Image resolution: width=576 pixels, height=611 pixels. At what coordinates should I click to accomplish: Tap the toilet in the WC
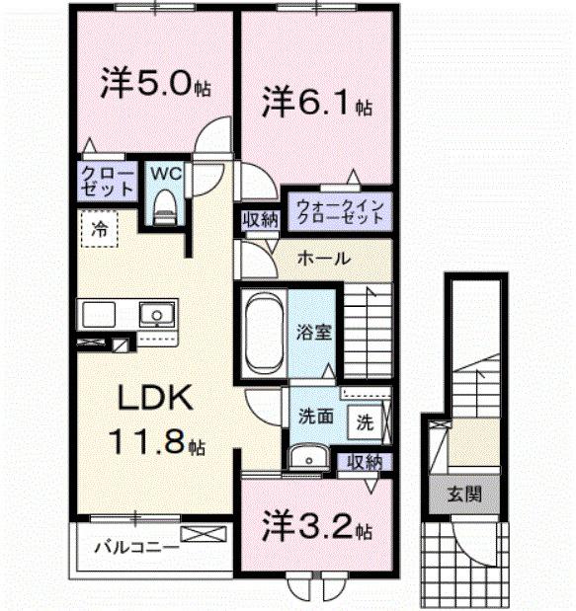click(x=164, y=207)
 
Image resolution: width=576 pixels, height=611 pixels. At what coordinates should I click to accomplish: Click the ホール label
click(x=322, y=259)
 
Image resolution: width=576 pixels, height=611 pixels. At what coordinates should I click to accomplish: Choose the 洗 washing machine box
click(x=365, y=422)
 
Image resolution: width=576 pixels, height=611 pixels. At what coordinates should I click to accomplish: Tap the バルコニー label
click(x=136, y=546)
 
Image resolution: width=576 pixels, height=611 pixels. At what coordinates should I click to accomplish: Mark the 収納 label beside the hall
click(x=259, y=220)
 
